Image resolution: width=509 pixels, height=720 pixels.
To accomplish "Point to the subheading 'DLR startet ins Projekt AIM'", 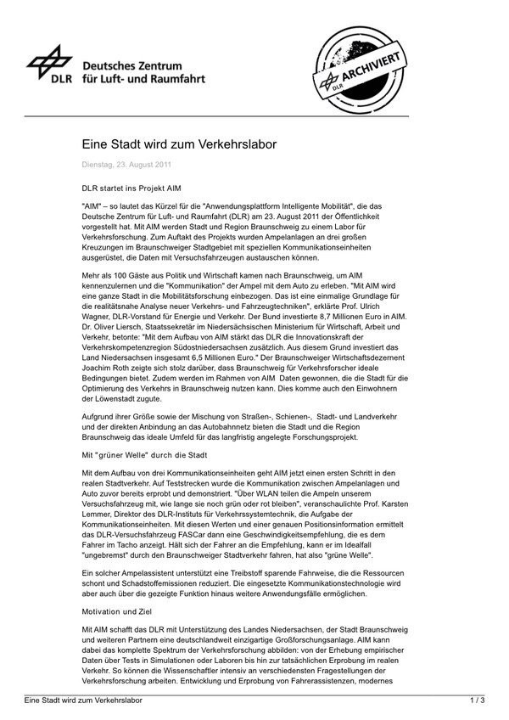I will (131, 186).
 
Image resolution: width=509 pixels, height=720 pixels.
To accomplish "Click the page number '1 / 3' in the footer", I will (477, 701).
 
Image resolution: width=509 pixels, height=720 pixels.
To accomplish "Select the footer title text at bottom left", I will (81, 701).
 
